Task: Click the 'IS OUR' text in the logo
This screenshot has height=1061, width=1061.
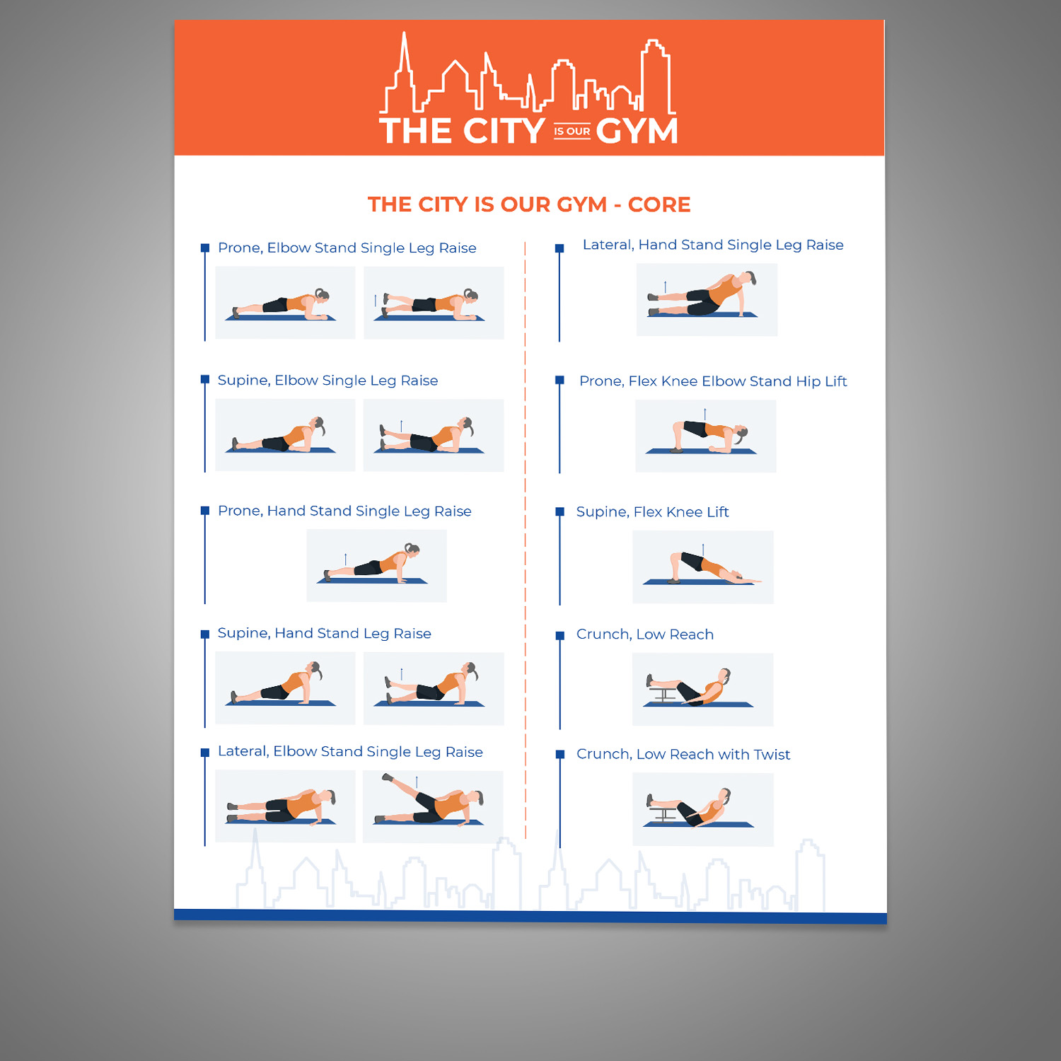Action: click(572, 132)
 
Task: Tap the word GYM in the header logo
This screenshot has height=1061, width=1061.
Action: click(637, 132)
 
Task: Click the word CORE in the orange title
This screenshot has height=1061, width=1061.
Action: click(659, 204)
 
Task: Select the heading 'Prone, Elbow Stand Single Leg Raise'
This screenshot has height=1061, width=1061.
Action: click(347, 248)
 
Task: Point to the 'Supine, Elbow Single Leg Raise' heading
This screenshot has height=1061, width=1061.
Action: click(327, 381)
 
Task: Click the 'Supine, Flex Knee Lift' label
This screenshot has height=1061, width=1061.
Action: click(652, 512)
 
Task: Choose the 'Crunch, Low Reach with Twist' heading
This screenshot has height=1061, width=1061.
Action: click(683, 755)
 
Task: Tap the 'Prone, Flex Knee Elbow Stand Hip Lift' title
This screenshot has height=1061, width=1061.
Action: click(712, 381)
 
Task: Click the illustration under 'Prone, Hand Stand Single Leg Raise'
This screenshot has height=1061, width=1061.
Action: click(376, 566)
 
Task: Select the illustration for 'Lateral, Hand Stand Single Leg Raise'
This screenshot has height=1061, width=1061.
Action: click(706, 300)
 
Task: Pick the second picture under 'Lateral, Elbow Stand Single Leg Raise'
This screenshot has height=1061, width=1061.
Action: click(433, 806)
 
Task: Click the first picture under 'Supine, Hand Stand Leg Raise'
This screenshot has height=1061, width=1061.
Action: click(284, 688)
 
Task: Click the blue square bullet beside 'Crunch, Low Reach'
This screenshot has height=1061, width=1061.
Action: click(560, 636)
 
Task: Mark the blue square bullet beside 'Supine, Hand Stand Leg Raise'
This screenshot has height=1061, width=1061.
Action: click(205, 634)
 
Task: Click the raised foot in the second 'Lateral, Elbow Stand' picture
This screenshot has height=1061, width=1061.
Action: click(387, 777)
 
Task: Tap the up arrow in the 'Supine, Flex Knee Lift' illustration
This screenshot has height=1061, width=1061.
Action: click(702, 549)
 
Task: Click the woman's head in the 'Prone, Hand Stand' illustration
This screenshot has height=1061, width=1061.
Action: click(412, 549)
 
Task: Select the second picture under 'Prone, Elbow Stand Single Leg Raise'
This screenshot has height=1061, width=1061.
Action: click(434, 303)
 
